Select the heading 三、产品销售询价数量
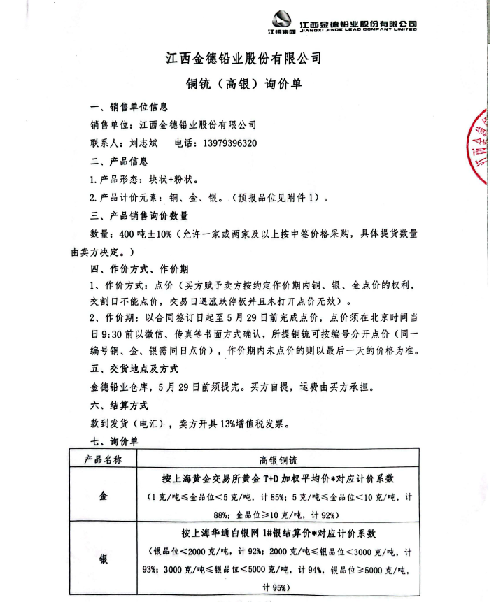[x=139, y=216]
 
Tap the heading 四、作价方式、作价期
[x=139, y=269]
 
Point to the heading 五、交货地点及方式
[x=134, y=368]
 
